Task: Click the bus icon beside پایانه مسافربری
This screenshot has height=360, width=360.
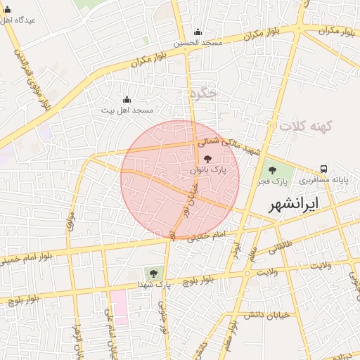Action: (323, 169)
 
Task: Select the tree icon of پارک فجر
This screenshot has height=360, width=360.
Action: (272, 169)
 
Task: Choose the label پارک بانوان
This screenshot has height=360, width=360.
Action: (208, 170)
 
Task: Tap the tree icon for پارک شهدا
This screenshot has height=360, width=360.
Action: (153, 273)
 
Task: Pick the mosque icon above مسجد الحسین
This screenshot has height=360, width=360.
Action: (198, 32)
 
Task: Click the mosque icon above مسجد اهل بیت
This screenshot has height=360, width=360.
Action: (127, 99)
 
